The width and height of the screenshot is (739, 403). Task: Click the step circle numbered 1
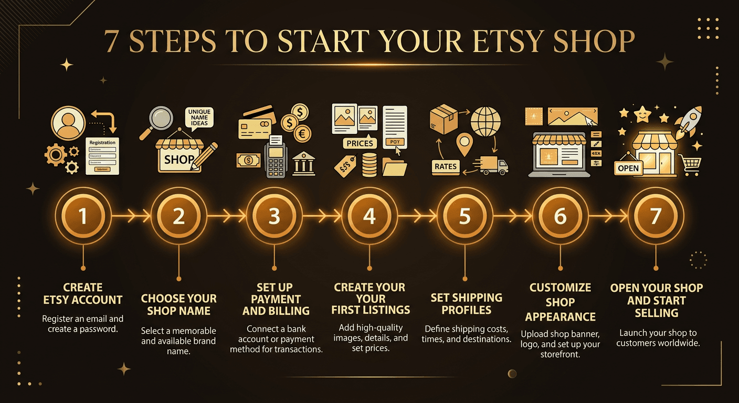pos(83,216)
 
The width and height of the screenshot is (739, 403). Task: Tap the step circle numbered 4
pos(369,216)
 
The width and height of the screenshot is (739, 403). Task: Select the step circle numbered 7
pos(656,216)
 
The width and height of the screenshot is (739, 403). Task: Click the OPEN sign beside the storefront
pos(628,168)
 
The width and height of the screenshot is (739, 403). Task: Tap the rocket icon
pos(688,123)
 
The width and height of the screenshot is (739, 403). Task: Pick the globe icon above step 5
pos(485,121)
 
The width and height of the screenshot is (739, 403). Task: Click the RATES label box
pos(446,167)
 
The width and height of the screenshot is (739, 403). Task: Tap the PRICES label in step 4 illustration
pos(360,143)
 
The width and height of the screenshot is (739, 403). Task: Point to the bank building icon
pos(303,164)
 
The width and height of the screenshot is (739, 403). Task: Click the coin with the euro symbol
pos(302,133)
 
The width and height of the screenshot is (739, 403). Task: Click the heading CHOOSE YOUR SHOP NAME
pos(178,305)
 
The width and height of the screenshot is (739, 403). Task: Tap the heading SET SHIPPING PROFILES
pos(466,304)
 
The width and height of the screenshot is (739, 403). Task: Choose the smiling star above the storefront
pos(641,113)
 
